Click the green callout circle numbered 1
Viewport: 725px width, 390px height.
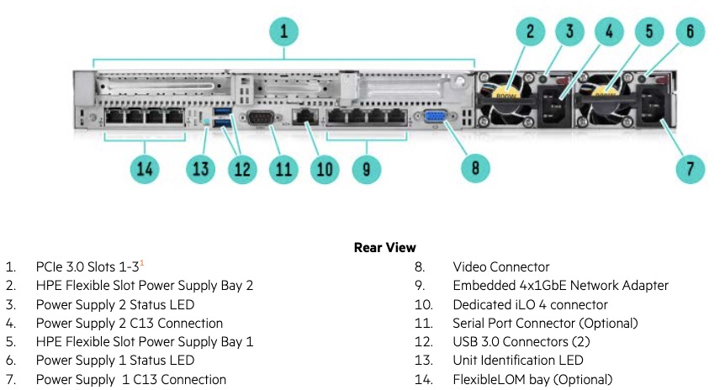(284, 33)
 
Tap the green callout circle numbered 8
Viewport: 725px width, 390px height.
(475, 168)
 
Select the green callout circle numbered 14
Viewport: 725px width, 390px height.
(146, 168)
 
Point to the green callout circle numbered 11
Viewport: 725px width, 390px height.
(283, 168)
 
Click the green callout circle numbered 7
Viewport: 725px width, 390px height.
(691, 168)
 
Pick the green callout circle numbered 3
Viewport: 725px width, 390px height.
(569, 33)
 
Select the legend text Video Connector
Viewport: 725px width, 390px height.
(500, 266)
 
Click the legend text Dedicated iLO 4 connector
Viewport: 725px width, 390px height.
(530, 304)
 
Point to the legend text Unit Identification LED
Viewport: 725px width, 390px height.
(517, 361)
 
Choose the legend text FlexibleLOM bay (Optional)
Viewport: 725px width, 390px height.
(532, 380)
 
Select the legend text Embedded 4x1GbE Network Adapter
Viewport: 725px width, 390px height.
(560, 286)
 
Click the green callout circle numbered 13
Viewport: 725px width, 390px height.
(200, 168)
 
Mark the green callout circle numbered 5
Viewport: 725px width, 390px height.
(649, 33)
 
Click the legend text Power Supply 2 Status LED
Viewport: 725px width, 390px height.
(115, 304)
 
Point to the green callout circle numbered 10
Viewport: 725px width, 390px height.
(324, 168)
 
